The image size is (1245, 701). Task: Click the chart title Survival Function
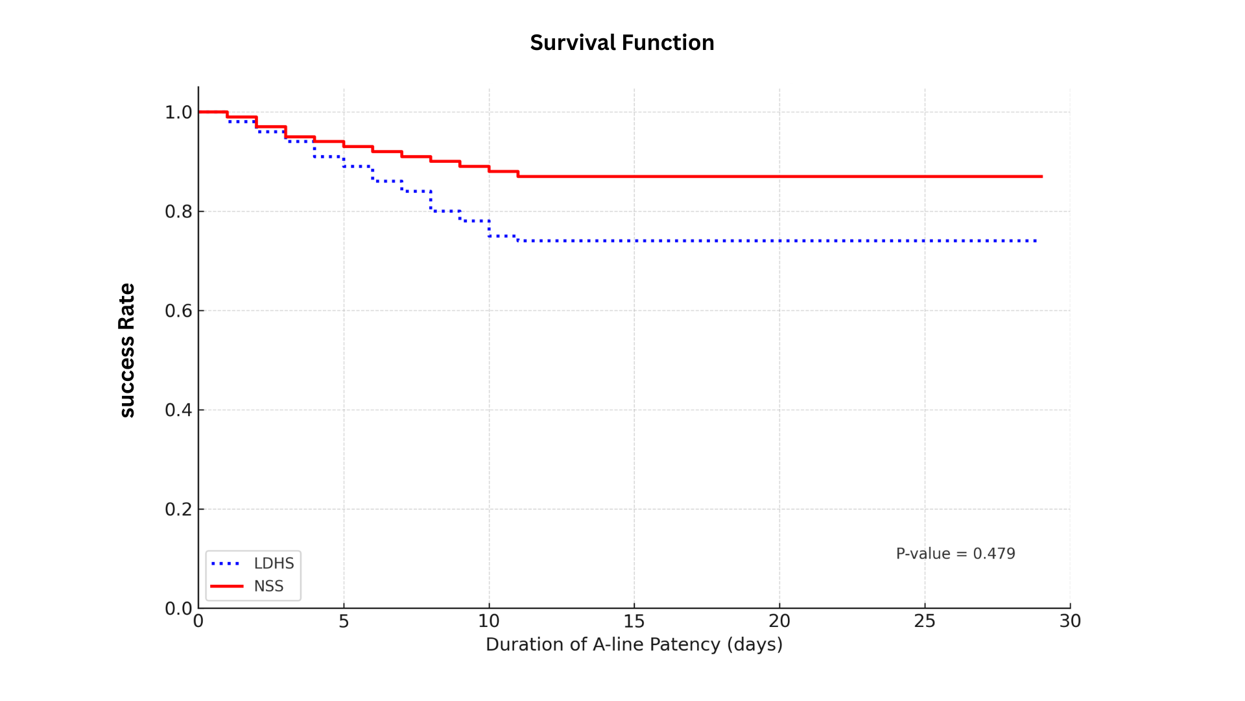tap(622, 43)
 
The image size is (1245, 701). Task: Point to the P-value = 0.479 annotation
tap(955, 554)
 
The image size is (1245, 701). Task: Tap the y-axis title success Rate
tap(127, 350)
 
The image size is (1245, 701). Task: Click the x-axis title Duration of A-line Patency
tap(634, 645)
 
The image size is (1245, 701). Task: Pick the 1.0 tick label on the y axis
tap(178, 112)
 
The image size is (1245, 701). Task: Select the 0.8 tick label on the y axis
tap(178, 212)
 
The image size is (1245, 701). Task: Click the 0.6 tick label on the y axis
tap(178, 311)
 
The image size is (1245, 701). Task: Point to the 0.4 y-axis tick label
tap(178, 410)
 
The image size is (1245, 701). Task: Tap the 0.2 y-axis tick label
tap(178, 510)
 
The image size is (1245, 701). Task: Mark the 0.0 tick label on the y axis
tap(178, 609)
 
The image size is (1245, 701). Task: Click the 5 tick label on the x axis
tap(344, 621)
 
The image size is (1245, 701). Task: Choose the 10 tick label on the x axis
tap(489, 621)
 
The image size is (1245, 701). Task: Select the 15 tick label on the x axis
tap(634, 621)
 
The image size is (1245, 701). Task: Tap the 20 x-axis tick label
tap(779, 621)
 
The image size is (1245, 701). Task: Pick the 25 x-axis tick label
tap(925, 621)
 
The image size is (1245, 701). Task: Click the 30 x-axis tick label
tap(1070, 621)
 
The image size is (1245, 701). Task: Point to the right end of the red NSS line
tap(1041, 177)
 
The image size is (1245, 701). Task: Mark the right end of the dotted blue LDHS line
tap(1036, 241)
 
